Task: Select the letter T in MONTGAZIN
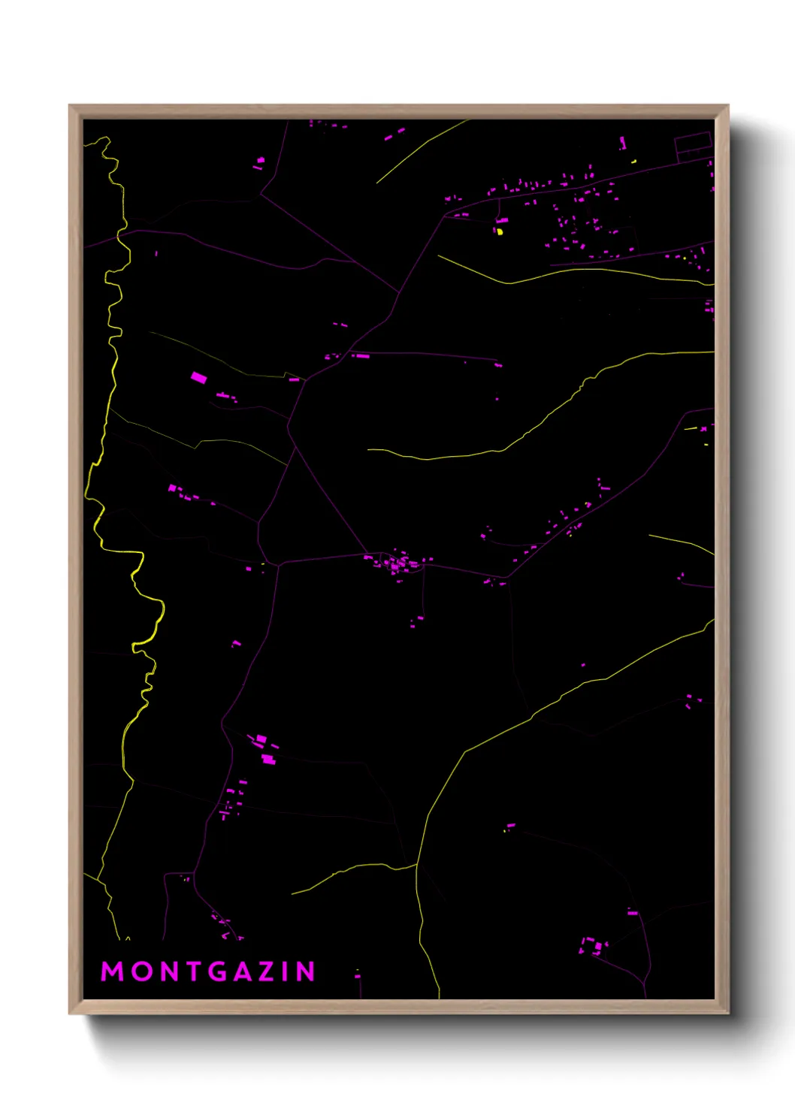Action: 195,971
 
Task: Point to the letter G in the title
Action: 219,971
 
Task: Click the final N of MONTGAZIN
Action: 307,971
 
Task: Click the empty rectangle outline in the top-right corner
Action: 693,145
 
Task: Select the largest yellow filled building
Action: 500,232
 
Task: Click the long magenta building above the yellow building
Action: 502,221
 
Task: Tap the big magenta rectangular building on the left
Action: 198,378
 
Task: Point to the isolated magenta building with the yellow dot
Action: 510,826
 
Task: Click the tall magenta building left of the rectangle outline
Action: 622,142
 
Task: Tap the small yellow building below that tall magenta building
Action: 634,161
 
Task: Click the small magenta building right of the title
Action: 358,975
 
